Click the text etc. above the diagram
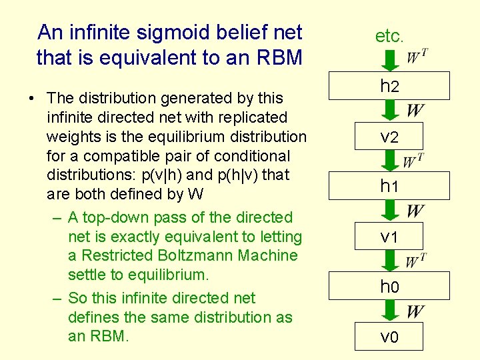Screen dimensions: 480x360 (389, 36)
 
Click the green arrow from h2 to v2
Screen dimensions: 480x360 (390, 111)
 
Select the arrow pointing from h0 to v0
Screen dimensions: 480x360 (390, 311)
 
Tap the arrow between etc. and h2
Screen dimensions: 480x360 (390, 60)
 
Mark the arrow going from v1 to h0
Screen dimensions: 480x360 (390, 261)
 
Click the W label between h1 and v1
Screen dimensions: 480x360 (415, 211)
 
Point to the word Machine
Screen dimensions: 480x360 (267, 255)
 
